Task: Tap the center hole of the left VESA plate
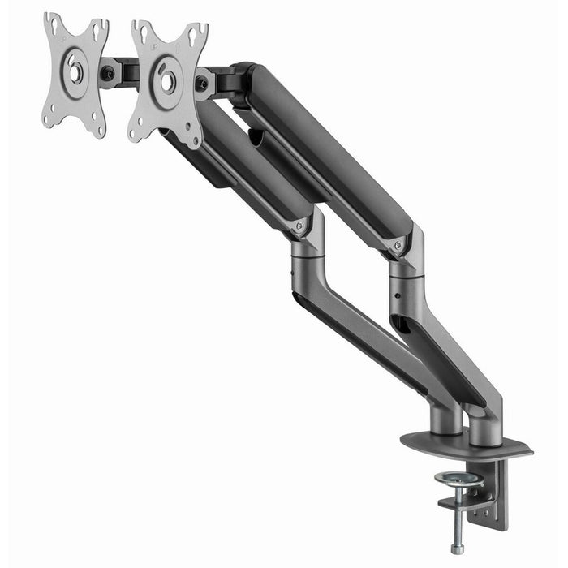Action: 75,71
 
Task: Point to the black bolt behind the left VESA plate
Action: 108,74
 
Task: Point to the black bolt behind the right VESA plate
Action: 201,83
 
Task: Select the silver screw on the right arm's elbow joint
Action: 397,245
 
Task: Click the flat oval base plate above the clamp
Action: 466,446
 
